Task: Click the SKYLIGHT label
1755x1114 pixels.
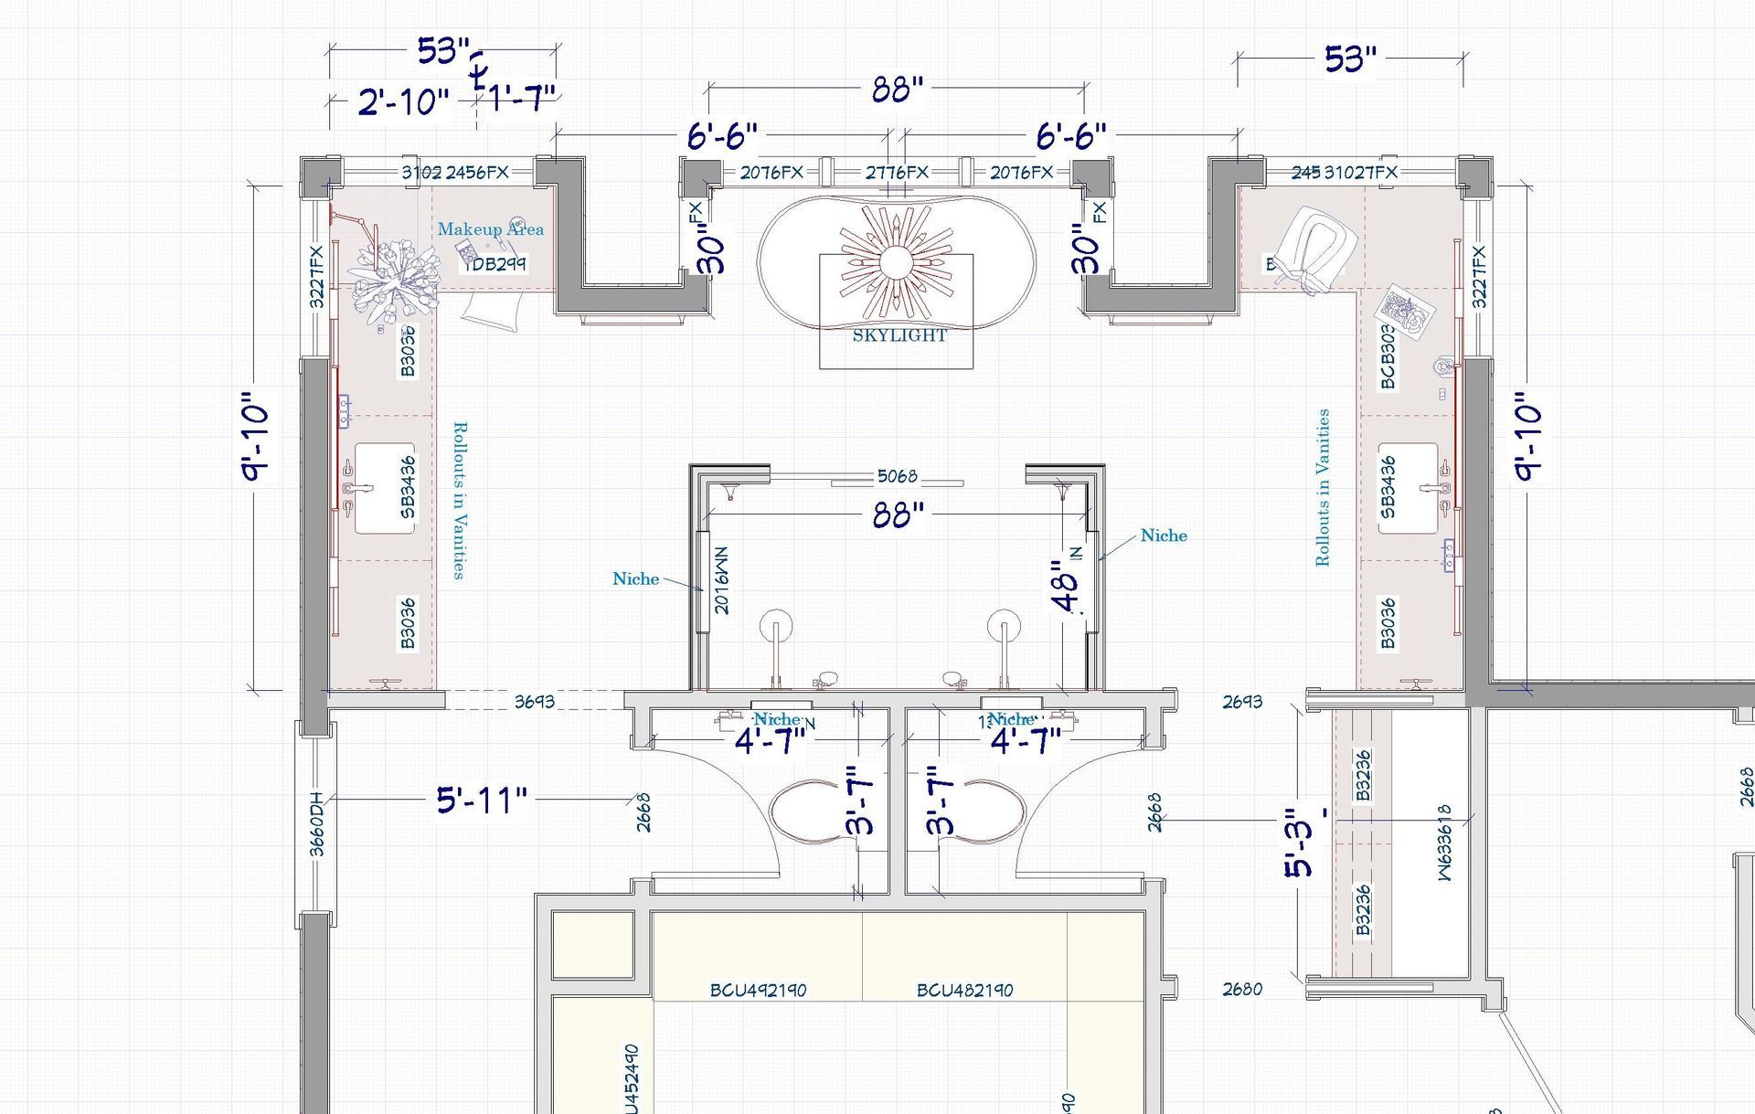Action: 899,335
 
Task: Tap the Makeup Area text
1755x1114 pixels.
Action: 490,229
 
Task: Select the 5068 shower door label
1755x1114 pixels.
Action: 897,476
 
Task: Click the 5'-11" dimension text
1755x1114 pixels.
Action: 482,801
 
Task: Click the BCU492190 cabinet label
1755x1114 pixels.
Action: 758,990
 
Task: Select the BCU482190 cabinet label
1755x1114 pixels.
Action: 964,990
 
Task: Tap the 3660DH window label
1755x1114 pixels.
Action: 317,823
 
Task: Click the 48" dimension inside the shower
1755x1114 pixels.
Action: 1066,592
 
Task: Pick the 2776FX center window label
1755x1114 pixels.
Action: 897,172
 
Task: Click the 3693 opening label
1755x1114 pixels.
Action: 534,702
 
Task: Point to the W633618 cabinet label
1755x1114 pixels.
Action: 1444,843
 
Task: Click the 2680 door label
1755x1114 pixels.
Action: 1242,989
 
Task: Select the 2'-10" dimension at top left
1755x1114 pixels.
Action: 403,101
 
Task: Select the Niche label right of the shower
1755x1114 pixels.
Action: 1164,536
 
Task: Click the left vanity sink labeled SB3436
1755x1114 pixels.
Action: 385,488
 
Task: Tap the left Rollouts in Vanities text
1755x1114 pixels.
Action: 460,500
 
